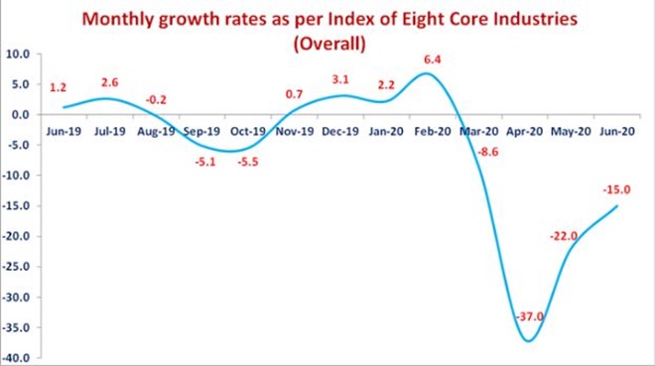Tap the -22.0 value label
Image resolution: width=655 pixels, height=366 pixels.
click(564, 236)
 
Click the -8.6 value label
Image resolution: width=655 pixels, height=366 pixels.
click(488, 153)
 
